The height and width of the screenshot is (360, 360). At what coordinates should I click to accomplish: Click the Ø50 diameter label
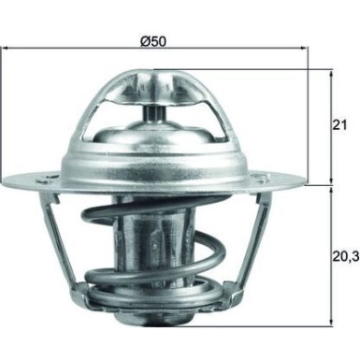click(154, 42)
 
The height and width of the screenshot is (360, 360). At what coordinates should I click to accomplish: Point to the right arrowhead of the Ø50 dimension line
click(305, 55)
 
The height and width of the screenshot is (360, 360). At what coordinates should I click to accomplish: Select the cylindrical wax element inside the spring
click(157, 248)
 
